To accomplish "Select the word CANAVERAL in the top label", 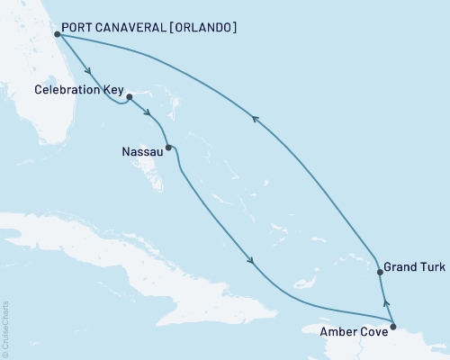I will (x=132, y=28).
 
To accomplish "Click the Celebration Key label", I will (x=78, y=90).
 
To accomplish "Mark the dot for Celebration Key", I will (x=130, y=95).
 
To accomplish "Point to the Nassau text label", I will (x=141, y=152).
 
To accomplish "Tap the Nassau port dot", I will (x=168, y=147).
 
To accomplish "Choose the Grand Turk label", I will (x=413, y=267).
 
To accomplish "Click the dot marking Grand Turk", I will (x=381, y=270).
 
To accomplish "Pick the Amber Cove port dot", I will (x=392, y=315).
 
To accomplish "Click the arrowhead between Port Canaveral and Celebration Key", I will (x=88, y=70).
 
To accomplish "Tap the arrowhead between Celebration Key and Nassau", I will (x=146, y=112).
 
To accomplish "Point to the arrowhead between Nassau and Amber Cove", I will (x=251, y=262).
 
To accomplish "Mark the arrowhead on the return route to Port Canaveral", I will (x=256, y=118).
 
